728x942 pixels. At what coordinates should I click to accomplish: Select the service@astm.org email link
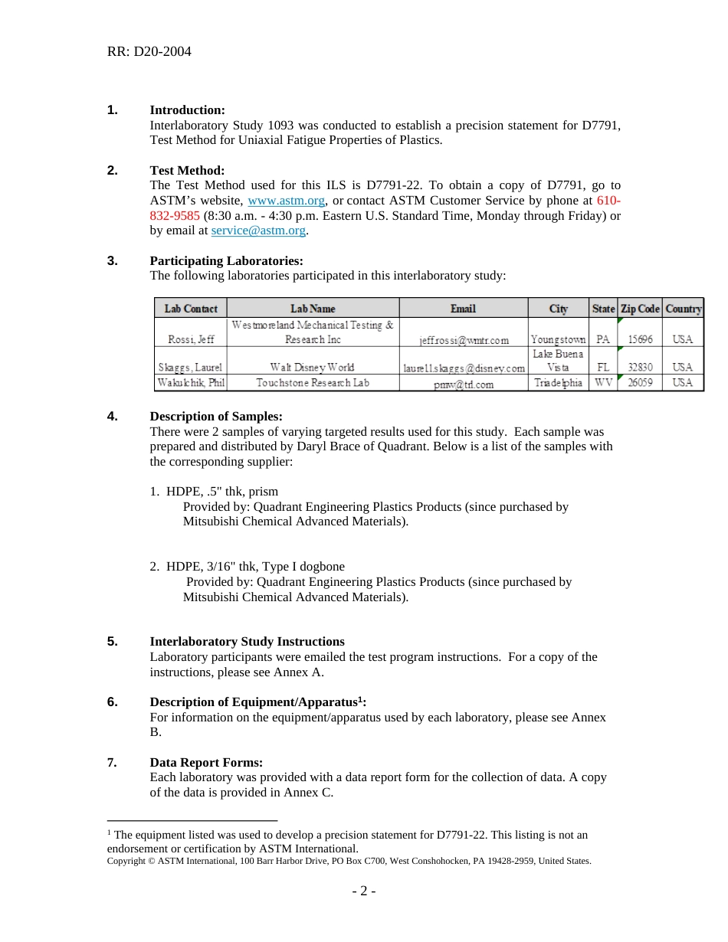point(258,231)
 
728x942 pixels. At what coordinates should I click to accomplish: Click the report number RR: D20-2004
point(149,52)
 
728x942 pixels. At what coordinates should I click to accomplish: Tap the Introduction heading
point(187,110)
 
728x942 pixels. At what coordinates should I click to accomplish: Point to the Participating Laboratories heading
point(226,261)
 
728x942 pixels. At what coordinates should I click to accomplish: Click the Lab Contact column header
point(191,309)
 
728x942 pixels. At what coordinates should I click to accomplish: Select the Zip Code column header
point(639,309)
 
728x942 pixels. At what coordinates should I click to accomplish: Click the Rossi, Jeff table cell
point(191,339)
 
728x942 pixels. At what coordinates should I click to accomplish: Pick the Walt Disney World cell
point(312,368)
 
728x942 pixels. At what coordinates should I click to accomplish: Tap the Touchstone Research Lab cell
point(312,383)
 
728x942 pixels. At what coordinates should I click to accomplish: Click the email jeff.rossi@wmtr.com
point(464,340)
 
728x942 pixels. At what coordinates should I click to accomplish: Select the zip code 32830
point(639,368)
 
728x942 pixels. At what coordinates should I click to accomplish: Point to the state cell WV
point(603,383)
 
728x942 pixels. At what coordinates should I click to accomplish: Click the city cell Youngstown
point(558,339)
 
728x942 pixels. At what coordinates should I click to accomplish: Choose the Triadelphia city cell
point(558,383)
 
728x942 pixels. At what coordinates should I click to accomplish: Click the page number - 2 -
point(363,891)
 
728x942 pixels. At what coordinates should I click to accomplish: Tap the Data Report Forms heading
point(206,763)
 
